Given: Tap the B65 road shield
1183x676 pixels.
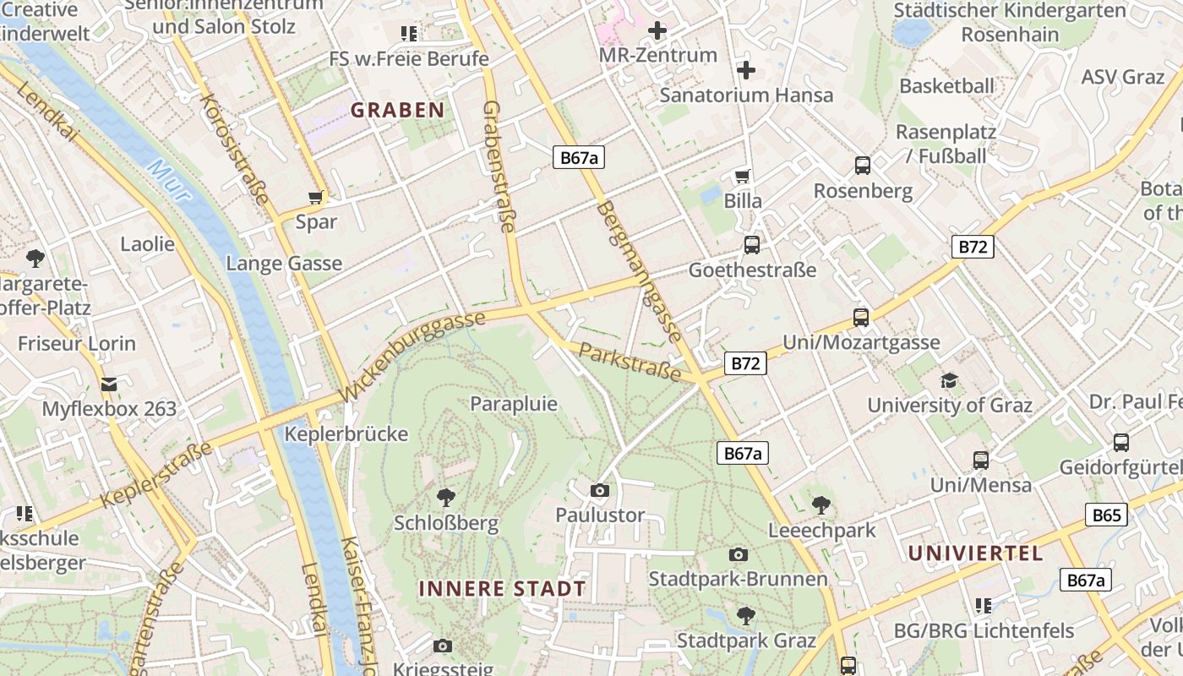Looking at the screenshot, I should click(1106, 515).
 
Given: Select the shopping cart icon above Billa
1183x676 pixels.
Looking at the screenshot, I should click(743, 177).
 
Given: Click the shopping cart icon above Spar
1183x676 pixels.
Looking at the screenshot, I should click(316, 198).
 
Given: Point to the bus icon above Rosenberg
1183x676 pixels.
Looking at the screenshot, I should click(863, 166).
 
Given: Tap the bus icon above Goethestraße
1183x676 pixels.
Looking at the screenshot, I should click(751, 245).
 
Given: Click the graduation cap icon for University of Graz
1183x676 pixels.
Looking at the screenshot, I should click(950, 380).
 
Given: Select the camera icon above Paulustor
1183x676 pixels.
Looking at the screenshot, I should click(600, 490).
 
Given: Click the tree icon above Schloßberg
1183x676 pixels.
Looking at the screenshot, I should click(446, 498).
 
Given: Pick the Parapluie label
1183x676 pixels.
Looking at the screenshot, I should click(514, 404).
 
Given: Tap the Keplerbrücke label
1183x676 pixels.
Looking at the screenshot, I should click(346, 434).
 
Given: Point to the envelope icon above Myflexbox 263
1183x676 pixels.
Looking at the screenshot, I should click(109, 384).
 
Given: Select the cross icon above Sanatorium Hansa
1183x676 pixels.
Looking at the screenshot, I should click(746, 69).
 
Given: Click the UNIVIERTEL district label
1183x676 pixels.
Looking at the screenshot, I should click(975, 553).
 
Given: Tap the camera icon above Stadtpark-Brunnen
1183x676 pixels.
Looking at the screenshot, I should click(739, 554).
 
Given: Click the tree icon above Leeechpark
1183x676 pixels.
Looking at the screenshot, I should click(820, 505).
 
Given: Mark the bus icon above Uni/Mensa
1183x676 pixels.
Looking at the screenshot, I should click(980, 461).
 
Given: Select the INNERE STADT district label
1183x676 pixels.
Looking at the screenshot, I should click(502, 589).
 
